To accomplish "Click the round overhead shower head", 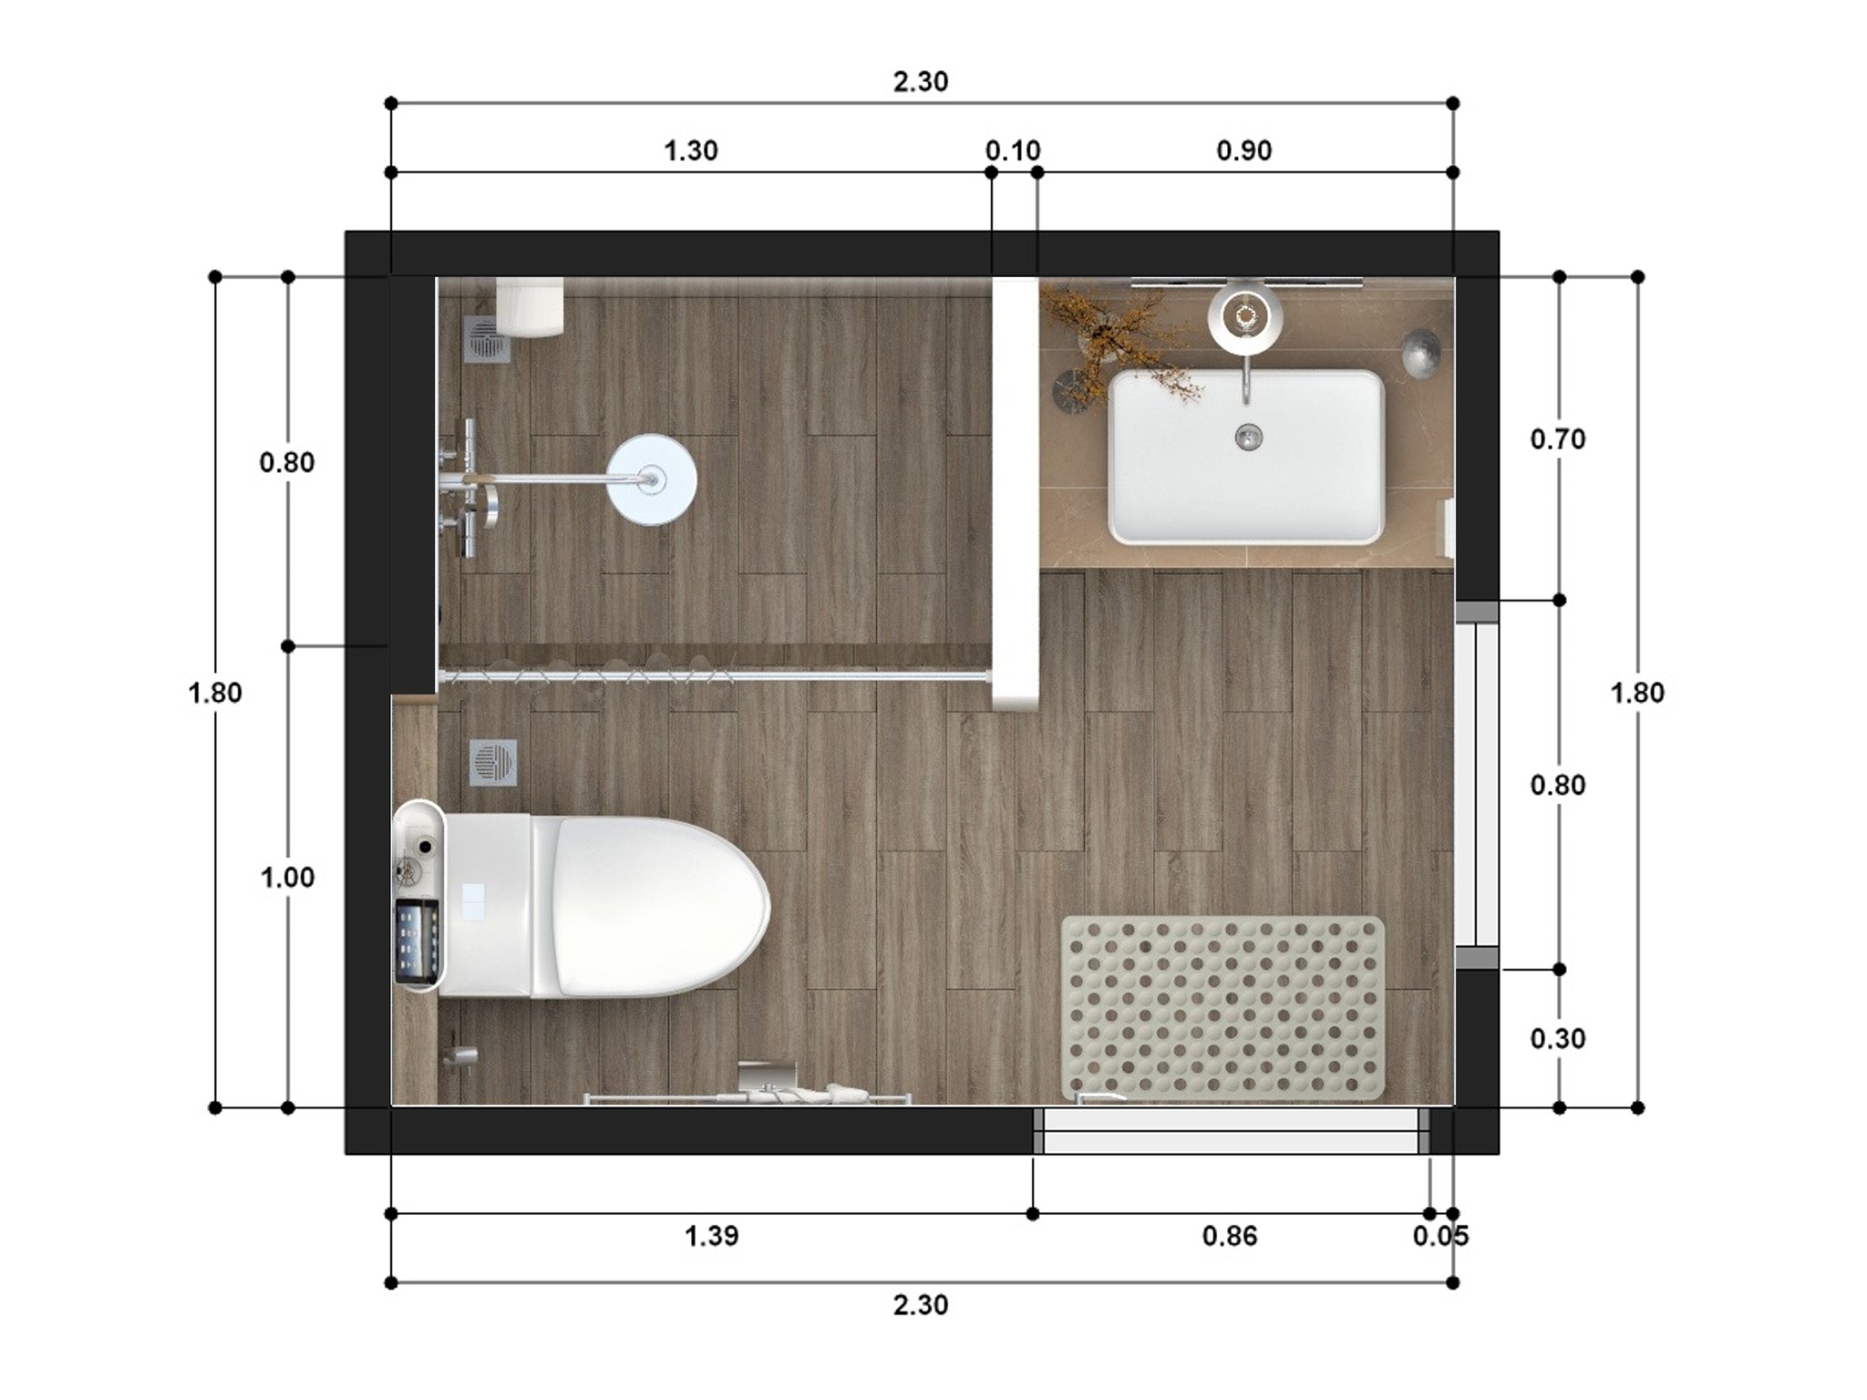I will [652, 479].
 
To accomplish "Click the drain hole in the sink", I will [1248, 437].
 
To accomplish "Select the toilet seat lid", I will [661, 906].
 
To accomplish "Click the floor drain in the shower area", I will [488, 339].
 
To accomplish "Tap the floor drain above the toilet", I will [493, 762].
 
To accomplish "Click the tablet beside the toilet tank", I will [417, 942].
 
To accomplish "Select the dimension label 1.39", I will [711, 1236].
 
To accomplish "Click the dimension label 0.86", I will [1229, 1236].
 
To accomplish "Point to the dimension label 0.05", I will [1440, 1236].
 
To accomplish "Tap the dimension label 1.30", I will [690, 150].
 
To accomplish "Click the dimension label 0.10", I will [1013, 150].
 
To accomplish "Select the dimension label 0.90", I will [1243, 150].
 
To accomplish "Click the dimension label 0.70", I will [1557, 439].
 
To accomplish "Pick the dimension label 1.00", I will [287, 877].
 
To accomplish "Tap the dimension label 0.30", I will [1557, 1038].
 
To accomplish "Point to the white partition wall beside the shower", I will [1016, 492].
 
